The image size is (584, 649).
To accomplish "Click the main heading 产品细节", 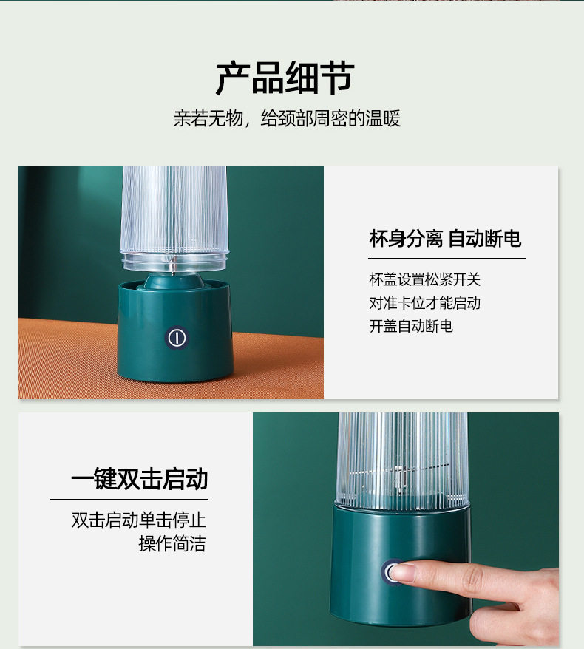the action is point(285,78).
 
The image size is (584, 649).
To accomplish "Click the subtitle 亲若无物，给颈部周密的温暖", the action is point(287,118).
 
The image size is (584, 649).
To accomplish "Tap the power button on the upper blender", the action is point(177,338).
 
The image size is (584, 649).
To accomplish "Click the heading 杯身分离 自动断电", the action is point(445,239).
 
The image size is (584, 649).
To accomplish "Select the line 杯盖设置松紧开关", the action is point(424,280).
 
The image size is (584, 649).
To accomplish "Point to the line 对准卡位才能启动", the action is point(424,303).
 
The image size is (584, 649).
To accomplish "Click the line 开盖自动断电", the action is point(411,326).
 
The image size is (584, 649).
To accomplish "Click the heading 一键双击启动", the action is point(140,479).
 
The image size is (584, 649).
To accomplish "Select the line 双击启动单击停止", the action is point(139,520).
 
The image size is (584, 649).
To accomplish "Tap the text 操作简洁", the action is point(172,543).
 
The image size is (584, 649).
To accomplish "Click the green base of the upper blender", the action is point(174,331).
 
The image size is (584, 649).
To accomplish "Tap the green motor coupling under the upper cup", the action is point(174,281).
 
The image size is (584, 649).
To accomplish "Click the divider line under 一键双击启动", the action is point(129,499).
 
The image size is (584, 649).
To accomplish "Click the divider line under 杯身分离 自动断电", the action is point(447,258).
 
